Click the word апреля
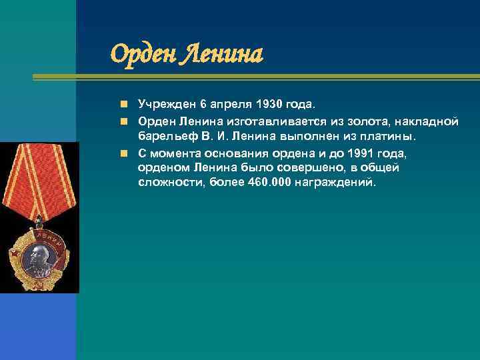(230, 105)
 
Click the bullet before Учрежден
(124, 105)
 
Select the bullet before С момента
(124, 152)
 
